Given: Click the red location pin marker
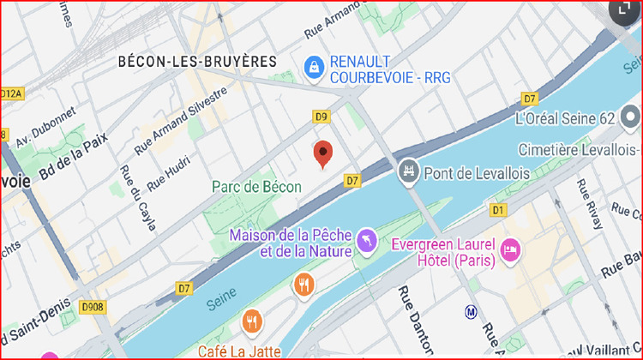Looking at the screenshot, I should tap(323, 153).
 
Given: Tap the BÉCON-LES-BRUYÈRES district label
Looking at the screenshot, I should tap(197, 62).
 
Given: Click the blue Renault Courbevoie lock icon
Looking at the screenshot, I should tap(315, 65).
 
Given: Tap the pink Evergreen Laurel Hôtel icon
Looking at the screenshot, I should tap(510, 249).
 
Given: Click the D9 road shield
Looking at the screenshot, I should tap(321, 117).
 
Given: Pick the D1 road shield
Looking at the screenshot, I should tap(499, 209).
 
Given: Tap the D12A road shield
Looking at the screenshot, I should tap(10, 93).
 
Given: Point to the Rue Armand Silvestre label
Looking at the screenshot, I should tap(181, 119).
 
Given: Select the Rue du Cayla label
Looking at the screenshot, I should tap(138, 198).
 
